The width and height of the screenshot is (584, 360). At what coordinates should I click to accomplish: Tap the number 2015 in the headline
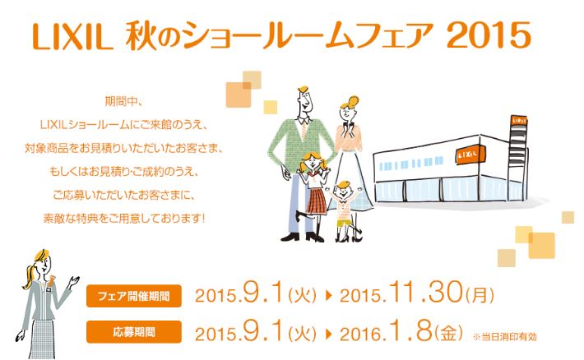click(489, 35)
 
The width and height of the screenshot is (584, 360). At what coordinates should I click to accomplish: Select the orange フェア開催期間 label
click(134, 296)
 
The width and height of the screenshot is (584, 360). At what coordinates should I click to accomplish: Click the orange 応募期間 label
click(134, 331)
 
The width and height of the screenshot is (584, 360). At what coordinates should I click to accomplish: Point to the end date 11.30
click(426, 292)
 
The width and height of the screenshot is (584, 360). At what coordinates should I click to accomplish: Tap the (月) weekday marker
click(480, 295)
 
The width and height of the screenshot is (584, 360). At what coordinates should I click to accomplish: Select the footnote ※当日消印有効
click(505, 337)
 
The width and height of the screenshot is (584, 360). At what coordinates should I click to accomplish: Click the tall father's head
click(304, 99)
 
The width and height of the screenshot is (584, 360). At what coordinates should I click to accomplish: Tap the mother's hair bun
click(353, 100)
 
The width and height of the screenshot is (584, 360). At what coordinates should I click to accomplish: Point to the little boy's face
click(342, 192)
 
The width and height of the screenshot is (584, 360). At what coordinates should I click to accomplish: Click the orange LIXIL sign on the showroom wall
click(470, 154)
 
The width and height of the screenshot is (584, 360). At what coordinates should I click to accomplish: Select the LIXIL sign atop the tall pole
click(519, 121)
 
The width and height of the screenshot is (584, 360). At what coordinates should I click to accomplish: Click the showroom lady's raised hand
click(74, 281)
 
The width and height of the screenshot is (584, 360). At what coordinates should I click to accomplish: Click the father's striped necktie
click(304, 130)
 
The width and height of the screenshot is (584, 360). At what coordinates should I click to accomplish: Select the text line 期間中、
click(123, 101)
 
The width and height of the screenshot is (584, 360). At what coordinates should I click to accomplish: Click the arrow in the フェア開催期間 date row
click(328, 296)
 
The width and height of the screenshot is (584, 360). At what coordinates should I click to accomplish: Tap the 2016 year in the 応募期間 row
click(360, 334)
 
